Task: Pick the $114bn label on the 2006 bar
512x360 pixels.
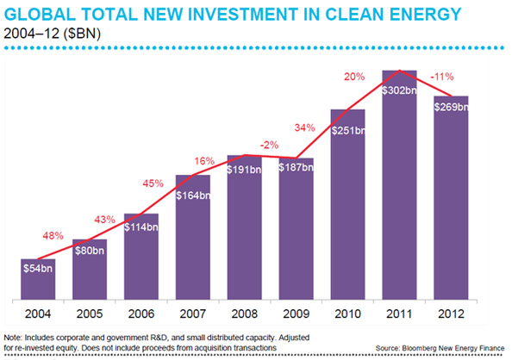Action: tap(141, 226)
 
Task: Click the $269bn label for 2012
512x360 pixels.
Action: tap(452, 107)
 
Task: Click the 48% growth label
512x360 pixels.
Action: tap(52, 235)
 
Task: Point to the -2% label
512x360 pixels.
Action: tap(268, 144)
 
